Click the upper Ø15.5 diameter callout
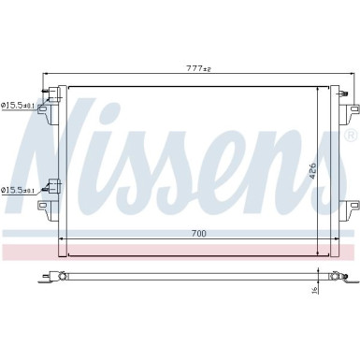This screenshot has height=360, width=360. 19,106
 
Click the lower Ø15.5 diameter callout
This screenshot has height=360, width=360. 19,190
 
